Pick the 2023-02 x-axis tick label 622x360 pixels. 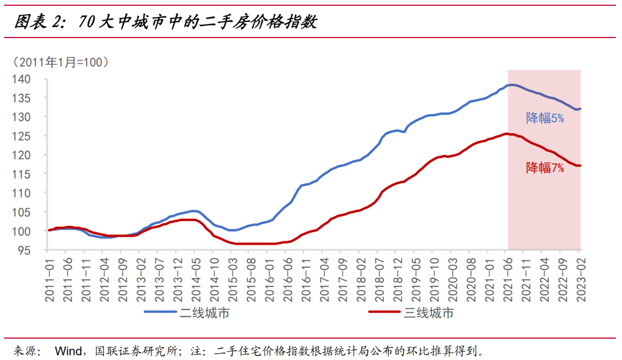click(x=580, y=279)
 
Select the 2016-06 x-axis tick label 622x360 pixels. click(x=286, y=279)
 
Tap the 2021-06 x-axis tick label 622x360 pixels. click(x=507, y=279)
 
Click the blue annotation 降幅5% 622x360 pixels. click(x=545, y=119)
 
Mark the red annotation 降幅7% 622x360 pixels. click(x=545, y=168)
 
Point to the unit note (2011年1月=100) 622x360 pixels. click(x=60, y=62)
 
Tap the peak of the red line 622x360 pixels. click(x=506, y=134)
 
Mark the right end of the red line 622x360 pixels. click(x=580, y=165)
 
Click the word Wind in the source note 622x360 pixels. click(x=68, y=351)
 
